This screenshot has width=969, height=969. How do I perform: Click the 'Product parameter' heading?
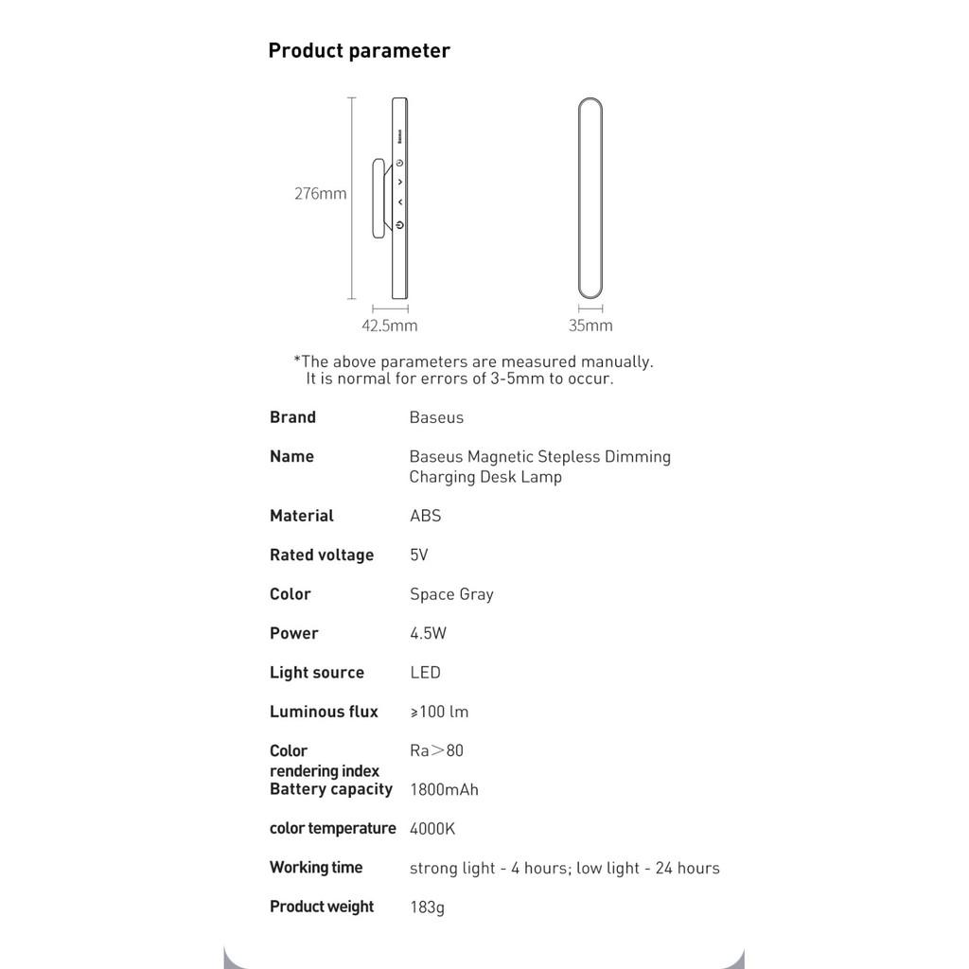(359, 51)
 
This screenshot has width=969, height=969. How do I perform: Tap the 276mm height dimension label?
(320, 194)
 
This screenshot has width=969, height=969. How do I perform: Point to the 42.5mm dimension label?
(389, 326)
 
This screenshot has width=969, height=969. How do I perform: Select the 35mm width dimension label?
(590, 326)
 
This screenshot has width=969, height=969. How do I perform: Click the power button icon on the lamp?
(400, 225)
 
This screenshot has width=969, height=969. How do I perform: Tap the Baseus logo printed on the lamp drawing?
(400, 137)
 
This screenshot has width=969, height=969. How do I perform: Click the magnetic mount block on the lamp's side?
(379, 198)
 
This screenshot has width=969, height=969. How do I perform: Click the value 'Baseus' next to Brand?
(436, 417)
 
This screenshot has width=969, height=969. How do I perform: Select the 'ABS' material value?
(425, 516)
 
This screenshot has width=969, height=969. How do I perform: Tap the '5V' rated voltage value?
(418, 555)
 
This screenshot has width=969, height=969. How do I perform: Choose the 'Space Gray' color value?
(451, 594)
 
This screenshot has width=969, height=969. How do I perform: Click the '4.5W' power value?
(428, 633)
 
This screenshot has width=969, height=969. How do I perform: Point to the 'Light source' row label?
(316, 673)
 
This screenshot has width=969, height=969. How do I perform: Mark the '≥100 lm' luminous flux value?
(439, 712)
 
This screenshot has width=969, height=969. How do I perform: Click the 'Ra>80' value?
(436, 750)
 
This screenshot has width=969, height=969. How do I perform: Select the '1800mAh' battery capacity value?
(444, 789)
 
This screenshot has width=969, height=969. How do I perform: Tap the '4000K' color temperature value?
(432, 829)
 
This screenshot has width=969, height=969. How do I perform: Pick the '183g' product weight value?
(427, 907)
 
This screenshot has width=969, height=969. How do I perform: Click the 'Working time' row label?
(316, 868)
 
